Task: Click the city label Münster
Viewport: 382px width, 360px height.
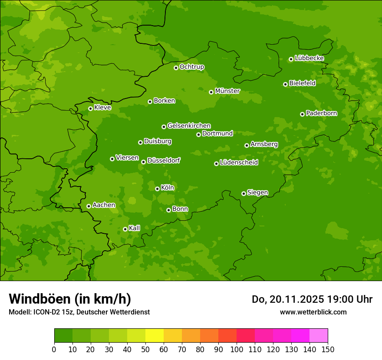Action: [227, 91]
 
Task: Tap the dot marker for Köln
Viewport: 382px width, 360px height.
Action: [157, 189]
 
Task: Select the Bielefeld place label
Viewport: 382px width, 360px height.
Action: [302, 83]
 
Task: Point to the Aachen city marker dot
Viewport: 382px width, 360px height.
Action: [89, 206]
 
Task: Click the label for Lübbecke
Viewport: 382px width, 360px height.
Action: [309, 58]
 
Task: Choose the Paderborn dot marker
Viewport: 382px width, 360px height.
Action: [302, 114]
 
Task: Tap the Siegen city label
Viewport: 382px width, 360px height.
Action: [257, 193]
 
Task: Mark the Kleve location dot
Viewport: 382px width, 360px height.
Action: [90, 108]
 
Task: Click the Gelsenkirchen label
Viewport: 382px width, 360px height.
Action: [189, 126]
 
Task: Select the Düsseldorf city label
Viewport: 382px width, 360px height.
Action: [163, 160]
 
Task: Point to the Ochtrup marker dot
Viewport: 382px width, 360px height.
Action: [176, 68]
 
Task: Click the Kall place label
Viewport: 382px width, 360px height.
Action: [134, 228]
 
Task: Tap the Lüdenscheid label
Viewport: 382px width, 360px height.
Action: [239, 163]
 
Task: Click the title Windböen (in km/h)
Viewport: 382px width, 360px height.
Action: [70, 299]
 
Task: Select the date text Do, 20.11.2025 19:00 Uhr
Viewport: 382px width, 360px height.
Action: [312, 299]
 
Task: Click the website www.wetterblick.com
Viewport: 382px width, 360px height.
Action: [313, 312]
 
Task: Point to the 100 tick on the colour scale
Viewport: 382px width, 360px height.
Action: [237, 349]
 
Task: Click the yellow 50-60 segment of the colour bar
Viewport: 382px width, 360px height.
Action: [155, 336]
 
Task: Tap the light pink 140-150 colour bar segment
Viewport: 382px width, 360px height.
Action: [319, 336]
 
